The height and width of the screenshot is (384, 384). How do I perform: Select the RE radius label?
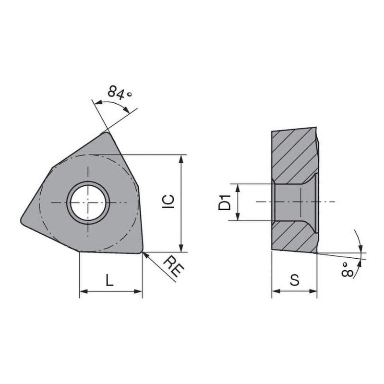click(173, 267)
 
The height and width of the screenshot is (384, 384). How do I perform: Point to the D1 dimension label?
click(224, 202)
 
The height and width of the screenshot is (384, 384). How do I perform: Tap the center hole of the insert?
click(88, 202)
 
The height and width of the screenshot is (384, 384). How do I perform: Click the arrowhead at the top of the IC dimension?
click(181, 159)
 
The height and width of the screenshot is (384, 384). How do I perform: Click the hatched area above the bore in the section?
click(293, 154)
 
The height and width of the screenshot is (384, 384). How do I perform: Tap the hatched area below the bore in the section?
click(293, 238)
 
